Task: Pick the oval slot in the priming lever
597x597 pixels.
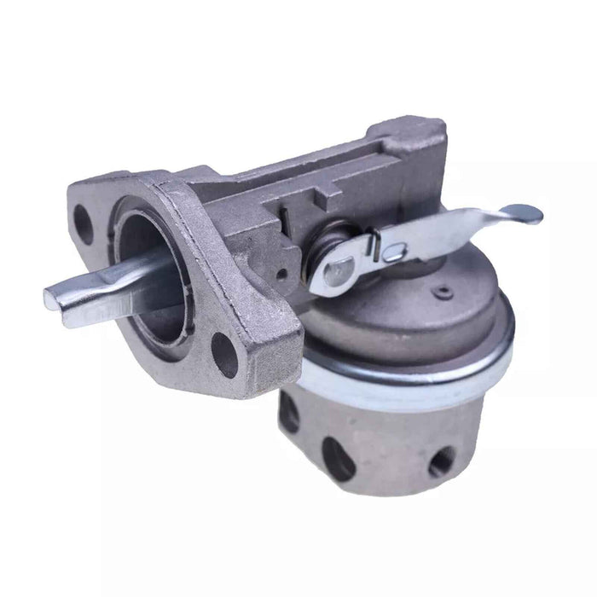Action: click(x=394, y=251)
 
